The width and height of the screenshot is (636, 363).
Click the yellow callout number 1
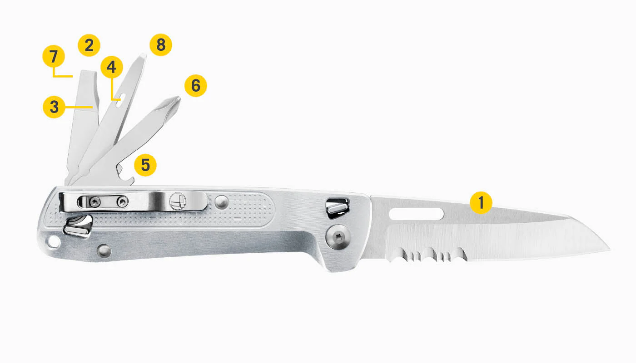tap(481, 203)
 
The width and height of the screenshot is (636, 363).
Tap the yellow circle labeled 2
tap(89, 45)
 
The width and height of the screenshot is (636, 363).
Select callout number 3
tap(54, 107)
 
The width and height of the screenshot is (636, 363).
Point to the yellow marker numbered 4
tap(112, 67)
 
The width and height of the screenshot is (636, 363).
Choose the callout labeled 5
tap(145, 165)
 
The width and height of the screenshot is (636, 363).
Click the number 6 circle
tap(196, 86)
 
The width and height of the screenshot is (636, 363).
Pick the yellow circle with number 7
tap(54, 56)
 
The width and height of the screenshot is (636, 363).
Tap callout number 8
tap(161, 45)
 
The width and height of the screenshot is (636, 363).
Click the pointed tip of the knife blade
tap(609, 250)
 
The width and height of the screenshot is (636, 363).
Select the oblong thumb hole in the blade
tap(416, 214)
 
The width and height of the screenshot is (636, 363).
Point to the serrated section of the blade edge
tap(427, 254)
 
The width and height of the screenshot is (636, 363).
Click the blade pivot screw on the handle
tap(338, 237)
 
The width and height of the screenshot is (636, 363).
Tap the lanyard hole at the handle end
tap(54, 242)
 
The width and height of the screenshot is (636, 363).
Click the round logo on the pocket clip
tap(178, 201)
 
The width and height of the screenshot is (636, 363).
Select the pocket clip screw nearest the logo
tap(123, 202)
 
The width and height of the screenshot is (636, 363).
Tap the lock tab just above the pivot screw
tap(337, 208)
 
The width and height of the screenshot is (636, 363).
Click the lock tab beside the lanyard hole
tap(78, 226)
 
